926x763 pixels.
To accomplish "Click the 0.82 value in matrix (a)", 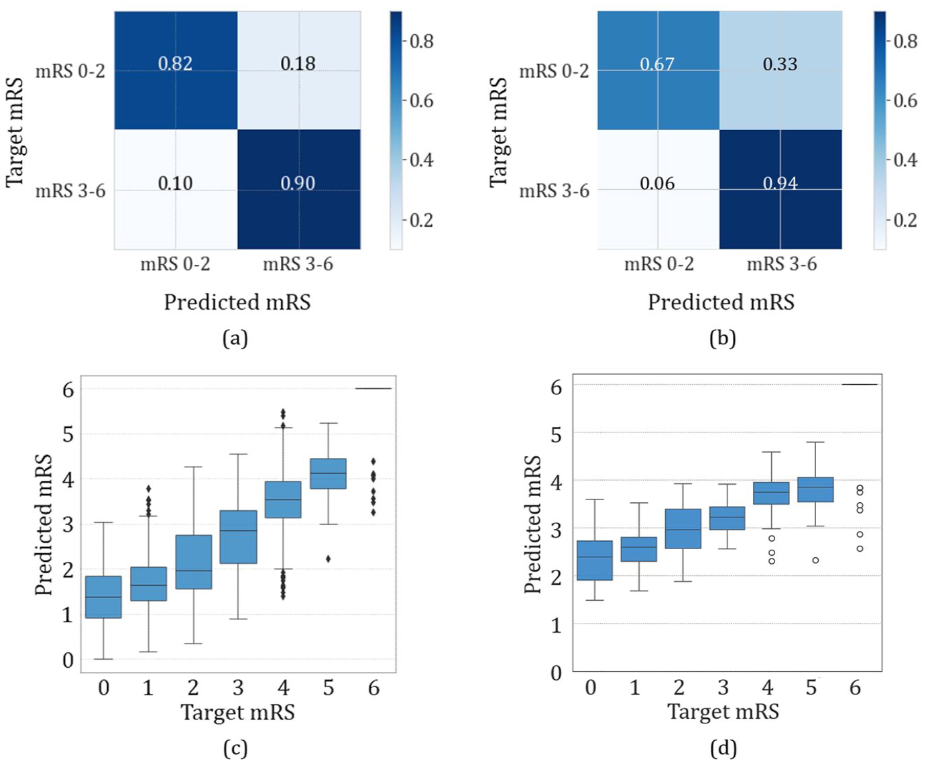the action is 175,64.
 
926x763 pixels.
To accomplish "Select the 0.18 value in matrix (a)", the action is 298,64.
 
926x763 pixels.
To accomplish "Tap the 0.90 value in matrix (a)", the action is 298,183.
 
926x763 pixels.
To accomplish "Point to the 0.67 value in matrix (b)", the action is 657,64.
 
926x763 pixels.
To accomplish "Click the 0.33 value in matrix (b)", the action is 780,64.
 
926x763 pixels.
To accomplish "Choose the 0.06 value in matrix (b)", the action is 657,183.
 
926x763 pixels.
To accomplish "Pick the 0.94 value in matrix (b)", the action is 780,183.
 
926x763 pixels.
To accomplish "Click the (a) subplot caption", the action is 235,339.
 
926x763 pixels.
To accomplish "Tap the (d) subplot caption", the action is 724,749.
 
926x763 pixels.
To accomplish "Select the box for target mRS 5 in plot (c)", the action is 328,474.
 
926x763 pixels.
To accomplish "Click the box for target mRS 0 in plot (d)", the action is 595,561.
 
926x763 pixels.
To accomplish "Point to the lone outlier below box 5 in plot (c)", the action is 328,559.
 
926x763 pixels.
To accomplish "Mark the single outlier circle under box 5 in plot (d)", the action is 815,561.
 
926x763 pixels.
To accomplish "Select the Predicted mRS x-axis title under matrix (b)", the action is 721,302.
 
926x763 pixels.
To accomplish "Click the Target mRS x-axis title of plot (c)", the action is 238,713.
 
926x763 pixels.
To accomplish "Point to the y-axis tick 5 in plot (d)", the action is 556,436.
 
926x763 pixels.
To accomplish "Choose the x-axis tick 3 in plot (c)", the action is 238,688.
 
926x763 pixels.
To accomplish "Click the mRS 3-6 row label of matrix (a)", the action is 70,191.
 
